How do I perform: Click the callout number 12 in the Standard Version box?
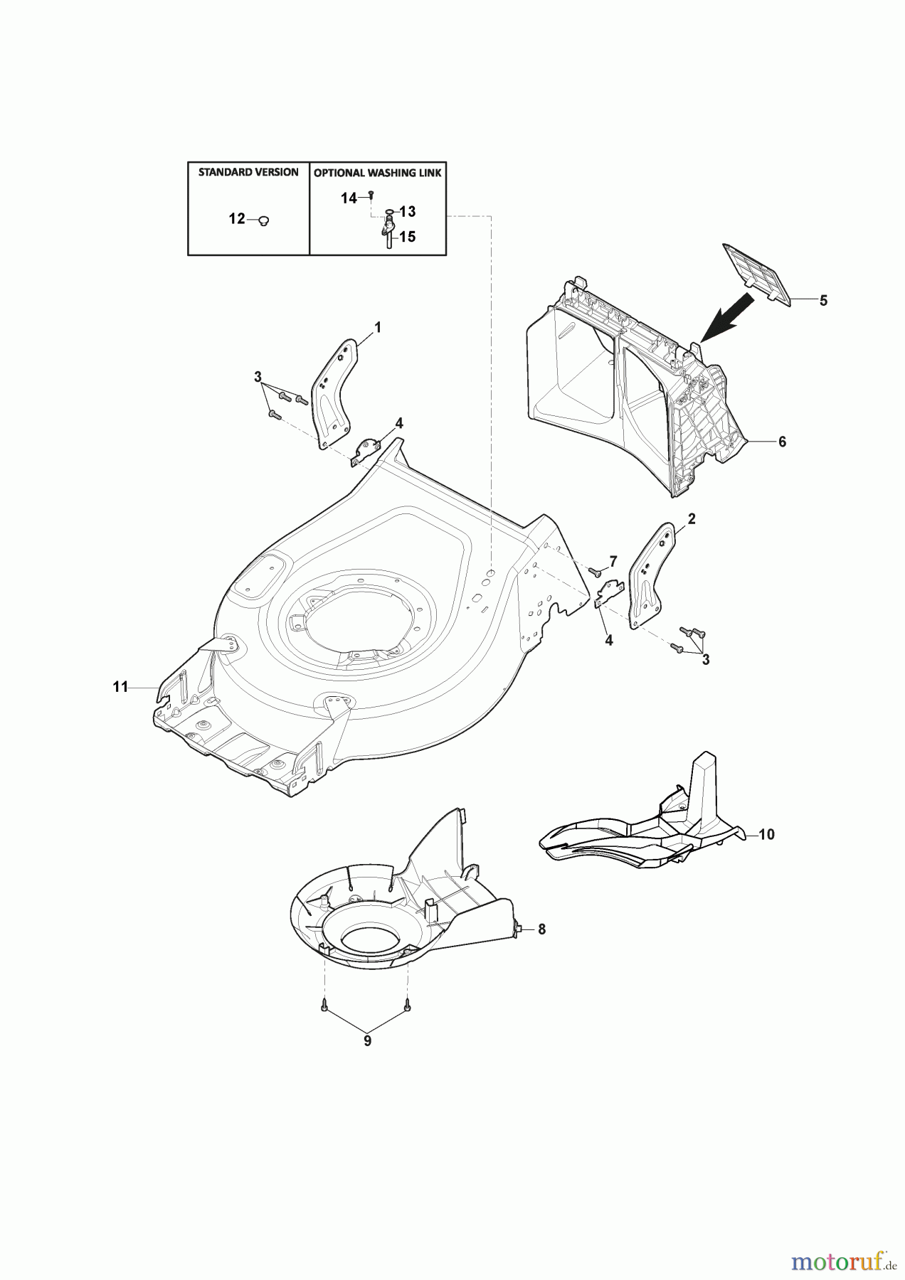coord(236,219)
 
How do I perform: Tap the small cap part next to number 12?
coord(264,221)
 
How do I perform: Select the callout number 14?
coord(349,199)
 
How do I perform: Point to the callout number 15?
coord(408,237)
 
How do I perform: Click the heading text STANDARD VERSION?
coord(248,173)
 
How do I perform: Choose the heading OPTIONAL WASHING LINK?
coord(378,173)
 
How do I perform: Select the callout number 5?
coord(823,300)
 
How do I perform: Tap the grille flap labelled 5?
coord(758,272)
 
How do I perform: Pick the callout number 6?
coord(782,442)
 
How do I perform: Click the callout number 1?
coord(378,327)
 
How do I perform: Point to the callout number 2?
coord(692,519)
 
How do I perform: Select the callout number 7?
coord(613,561)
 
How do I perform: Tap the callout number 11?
coord(120,687)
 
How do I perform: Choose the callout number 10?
coord(766,834)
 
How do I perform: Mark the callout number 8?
coord(541,929)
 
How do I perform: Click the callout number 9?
coord(367,1041)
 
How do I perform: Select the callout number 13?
coord(408,212)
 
